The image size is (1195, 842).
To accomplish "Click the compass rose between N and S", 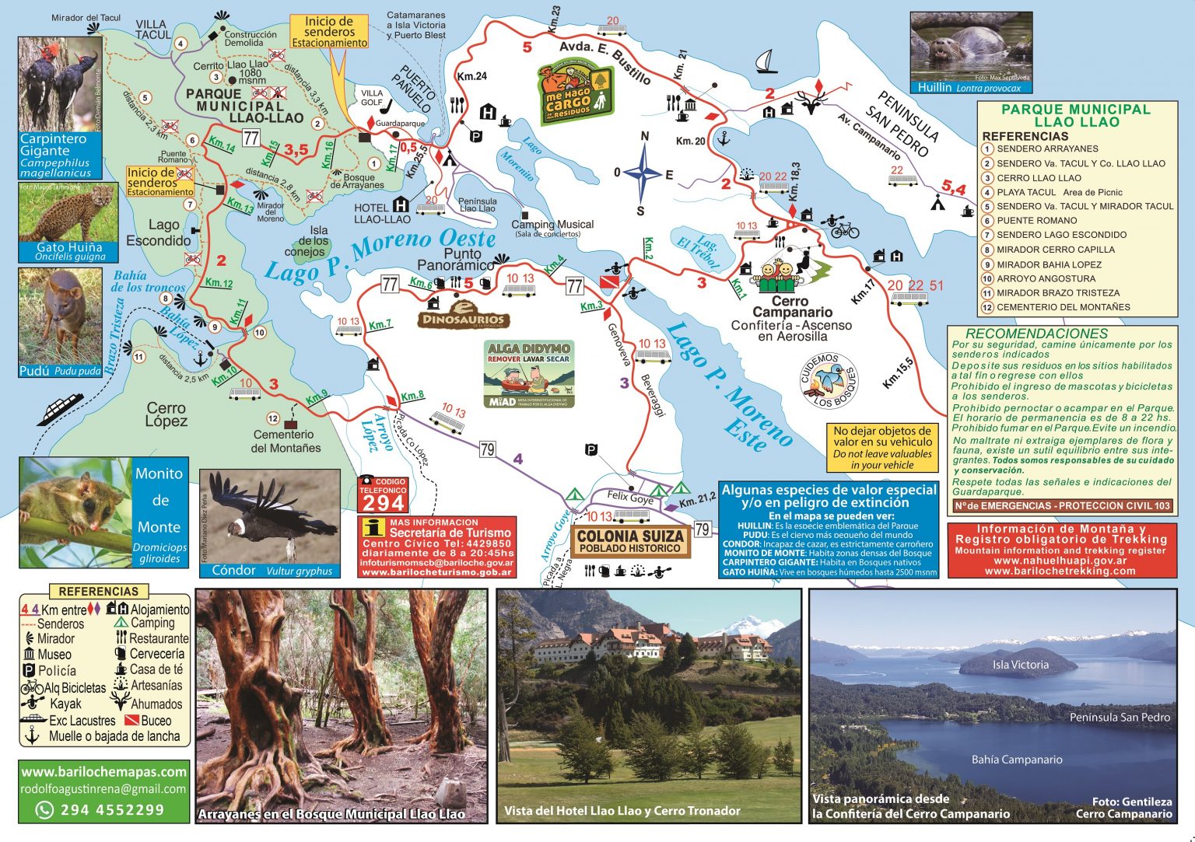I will pos(643,173).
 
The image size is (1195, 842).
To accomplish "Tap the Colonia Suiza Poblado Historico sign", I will pos(630,541).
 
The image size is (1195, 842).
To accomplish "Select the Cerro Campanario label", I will pos(791,306).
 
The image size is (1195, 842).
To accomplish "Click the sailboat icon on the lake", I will pos(766,61).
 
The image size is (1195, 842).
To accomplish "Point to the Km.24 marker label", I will pos(471,76).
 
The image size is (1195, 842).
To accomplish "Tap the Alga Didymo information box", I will pos(529,374).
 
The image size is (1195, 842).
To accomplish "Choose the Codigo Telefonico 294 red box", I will pos(383,495).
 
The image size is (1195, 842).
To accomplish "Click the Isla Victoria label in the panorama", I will pos(1020,665).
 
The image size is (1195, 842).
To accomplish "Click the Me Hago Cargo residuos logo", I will pos(576,92).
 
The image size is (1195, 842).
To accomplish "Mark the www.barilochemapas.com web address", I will pos(104,772).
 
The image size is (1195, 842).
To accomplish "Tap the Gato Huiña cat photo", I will pos(68,220).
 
